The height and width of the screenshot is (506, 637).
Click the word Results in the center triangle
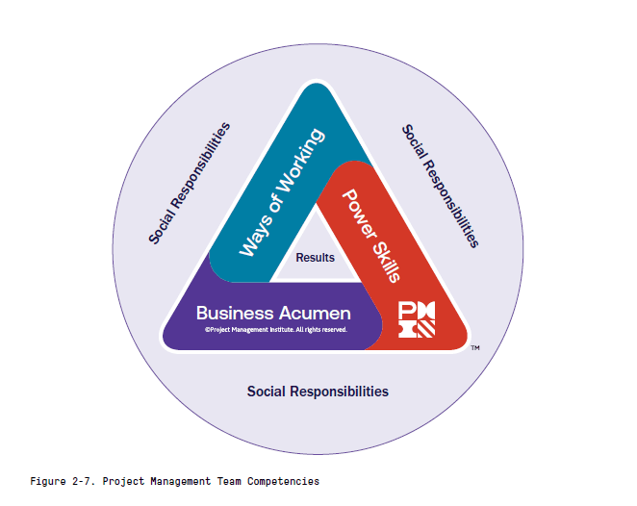(316, 257)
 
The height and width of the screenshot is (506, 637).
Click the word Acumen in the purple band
(314, 314)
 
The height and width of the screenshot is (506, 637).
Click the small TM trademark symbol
(475, 348)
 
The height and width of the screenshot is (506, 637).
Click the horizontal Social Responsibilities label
(318, 392)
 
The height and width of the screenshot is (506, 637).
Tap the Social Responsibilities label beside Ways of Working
(190, 182)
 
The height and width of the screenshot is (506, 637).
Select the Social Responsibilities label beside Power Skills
(440, 186)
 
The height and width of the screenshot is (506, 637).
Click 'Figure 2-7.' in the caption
(63, 480)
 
